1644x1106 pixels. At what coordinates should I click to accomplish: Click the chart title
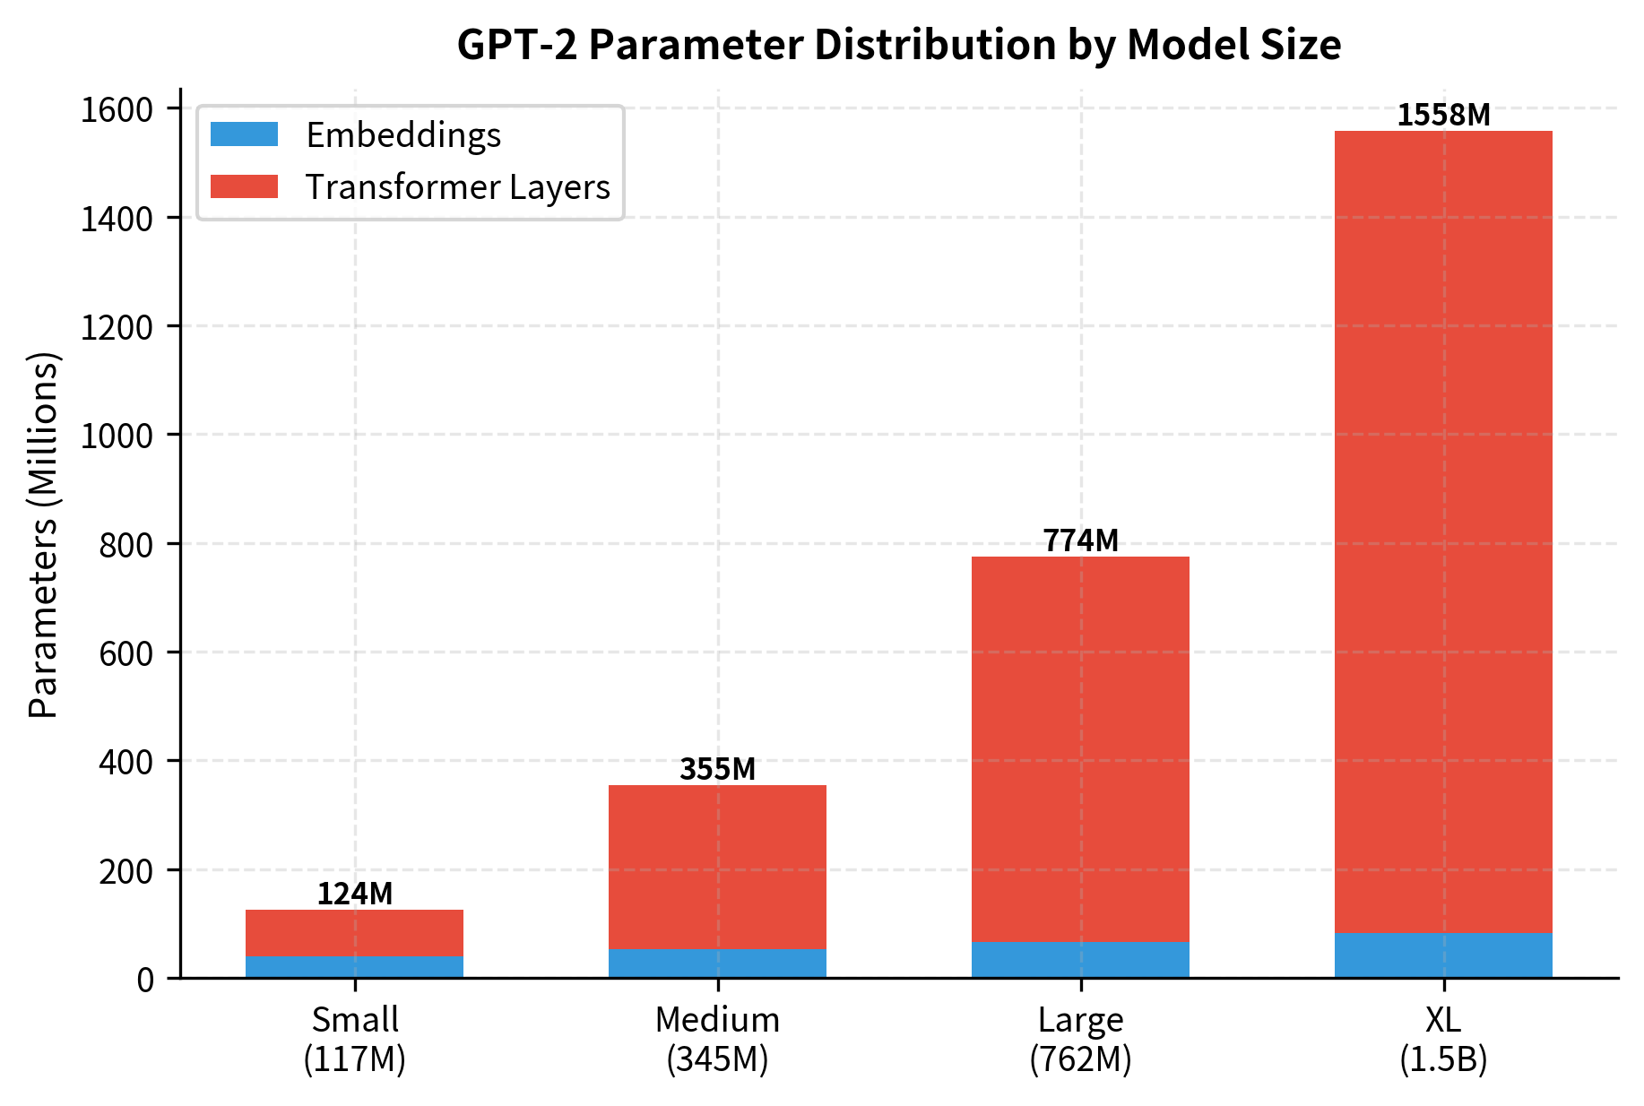(x=898, y=45)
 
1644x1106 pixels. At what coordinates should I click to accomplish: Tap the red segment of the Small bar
(x=354, y=933)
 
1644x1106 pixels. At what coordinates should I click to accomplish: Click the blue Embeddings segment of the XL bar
(x=1443, y=955)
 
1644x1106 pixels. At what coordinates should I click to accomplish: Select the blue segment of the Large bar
(x=1080, y=960)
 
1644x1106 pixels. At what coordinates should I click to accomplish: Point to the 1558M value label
(x=1443, y=115)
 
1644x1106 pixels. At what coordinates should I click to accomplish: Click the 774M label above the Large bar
(x=1080, y=540)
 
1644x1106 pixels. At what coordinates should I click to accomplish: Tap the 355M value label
(x=717, y=769)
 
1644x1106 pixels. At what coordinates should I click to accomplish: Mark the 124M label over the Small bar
(x=354, y=894)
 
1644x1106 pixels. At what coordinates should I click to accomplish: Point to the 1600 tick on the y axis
(x=117, y=109)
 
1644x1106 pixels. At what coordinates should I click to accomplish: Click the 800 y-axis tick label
(x=126, y=544)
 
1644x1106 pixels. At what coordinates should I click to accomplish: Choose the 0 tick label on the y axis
(x=146, y=979)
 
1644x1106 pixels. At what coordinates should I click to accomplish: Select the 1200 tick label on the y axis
(x=117, y=327)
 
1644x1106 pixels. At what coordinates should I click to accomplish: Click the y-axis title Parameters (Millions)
(x=43, y=535)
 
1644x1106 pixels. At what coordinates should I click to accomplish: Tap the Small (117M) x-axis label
(x=354, y=1040)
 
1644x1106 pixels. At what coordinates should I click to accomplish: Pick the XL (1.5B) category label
(x=1443, y=1040)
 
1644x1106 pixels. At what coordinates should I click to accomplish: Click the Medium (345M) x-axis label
(x=717, y=1040)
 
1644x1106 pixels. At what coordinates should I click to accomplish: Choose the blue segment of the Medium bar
(x=717, y=963)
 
